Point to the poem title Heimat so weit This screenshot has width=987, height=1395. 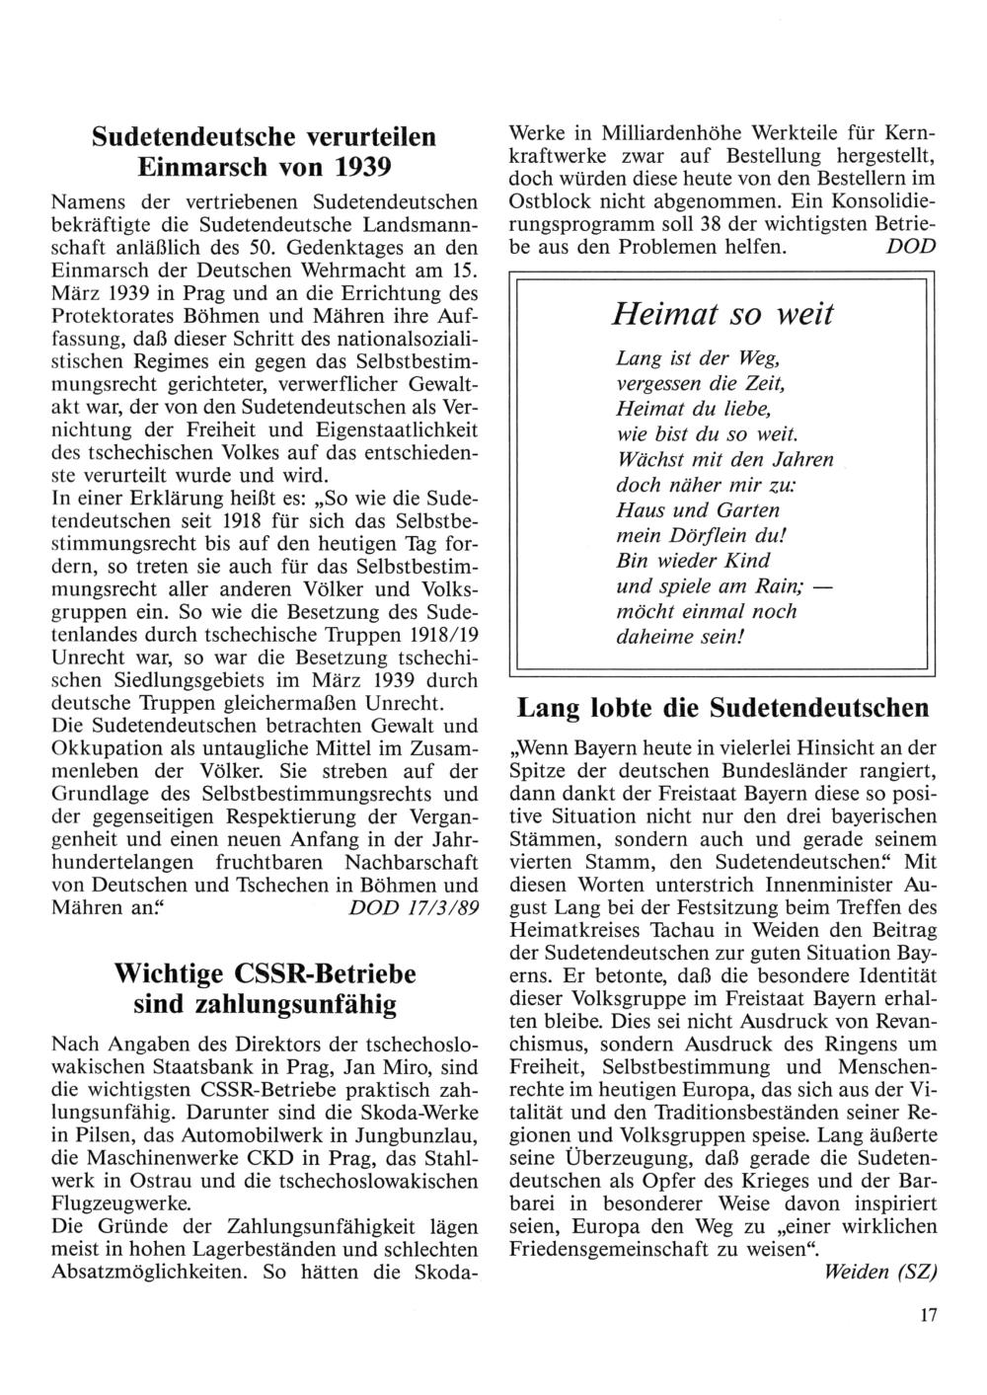(x=722, y=315)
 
